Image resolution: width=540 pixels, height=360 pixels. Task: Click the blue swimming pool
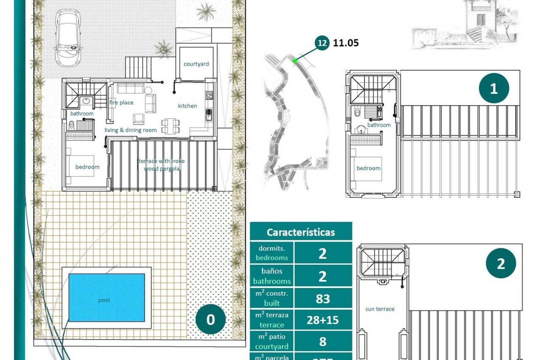point(107,297)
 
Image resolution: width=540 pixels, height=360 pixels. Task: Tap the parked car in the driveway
point(68,37)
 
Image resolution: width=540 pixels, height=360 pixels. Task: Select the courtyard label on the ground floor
point(196,64)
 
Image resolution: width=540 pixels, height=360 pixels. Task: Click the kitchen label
point(187,106)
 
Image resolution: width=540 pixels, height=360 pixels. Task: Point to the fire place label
point(121,103)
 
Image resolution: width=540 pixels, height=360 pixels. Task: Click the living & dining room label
point(130,130)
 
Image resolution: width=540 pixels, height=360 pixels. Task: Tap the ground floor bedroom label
point(87,167)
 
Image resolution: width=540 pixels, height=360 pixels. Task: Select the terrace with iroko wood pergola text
point(162,165)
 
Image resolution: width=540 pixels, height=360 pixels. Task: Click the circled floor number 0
point(210,320)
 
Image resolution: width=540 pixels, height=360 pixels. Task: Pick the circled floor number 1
point(494,89)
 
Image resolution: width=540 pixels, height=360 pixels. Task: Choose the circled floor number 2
point(501,264)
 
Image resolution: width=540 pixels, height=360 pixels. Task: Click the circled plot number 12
point(322,43)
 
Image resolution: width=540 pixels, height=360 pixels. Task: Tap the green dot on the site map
point(295,61)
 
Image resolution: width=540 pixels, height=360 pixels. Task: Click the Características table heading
point(301,232)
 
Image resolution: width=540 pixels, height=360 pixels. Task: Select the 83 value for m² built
point(323,299)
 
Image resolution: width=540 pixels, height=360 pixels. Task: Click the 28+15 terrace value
point(323,320)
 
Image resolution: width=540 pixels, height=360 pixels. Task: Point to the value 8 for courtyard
point(323,342)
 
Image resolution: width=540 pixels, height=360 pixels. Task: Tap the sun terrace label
point(380,309)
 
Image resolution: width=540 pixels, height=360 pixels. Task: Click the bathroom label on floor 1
point(379,125)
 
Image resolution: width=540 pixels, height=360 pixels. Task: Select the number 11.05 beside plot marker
point(346,43)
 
